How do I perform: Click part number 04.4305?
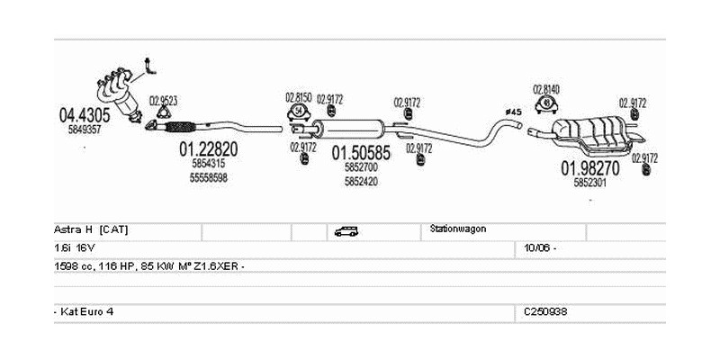point(85,114)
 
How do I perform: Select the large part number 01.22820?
point(208,149)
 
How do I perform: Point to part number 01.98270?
point(590,167)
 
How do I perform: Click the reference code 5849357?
point(85,130)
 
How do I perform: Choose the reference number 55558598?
point(208,178)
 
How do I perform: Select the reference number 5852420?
point(361,181)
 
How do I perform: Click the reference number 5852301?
point(590,183)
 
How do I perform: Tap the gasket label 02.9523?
point(163,100)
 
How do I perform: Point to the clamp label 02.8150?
point(298,96)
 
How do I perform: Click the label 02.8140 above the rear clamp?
point(545,89)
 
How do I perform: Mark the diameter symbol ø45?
point(513,112)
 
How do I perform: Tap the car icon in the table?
point(346,231)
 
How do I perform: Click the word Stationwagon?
point(459,229)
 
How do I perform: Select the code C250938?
point(545,310)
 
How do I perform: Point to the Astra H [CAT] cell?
point(91,229)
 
